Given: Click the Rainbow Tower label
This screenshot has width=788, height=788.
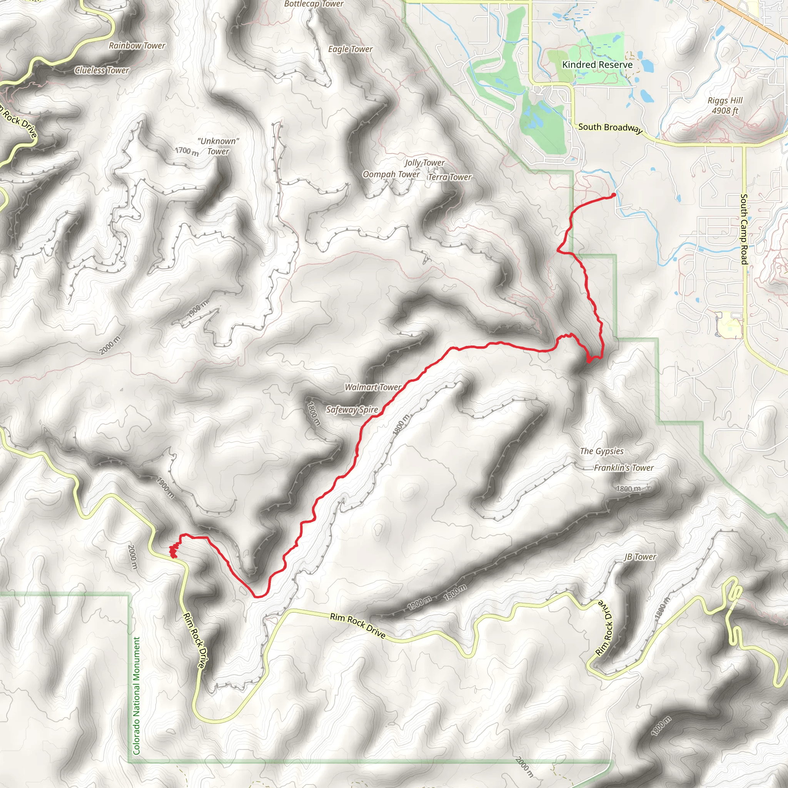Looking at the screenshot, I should coord(137,46).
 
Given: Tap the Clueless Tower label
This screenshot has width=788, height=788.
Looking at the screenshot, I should coord(102,70).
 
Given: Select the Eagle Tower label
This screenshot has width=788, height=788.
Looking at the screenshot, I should coord(351,49).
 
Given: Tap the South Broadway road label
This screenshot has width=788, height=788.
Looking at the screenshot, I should coord(610,128).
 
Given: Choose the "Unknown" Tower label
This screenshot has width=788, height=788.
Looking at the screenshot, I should coord(218,146).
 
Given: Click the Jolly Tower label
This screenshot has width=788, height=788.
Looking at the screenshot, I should coord(425,163).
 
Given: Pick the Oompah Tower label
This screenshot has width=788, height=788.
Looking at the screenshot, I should coord(391,174).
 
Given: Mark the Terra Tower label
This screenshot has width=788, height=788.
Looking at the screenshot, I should coord(449,177).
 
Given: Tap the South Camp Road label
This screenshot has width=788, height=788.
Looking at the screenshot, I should coord(744,229).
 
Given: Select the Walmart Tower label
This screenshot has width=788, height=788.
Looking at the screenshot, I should coord(373,387).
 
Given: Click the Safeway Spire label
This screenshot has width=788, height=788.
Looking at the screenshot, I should coord(352,409).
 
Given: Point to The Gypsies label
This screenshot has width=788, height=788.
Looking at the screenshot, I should coord(602,451).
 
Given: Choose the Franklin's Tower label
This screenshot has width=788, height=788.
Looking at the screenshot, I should coord(624,468).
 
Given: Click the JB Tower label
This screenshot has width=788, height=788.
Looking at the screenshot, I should coord(640,557).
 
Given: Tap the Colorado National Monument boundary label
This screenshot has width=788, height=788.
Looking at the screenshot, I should coord(136,695).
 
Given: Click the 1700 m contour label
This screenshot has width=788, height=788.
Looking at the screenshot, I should coord(187,151).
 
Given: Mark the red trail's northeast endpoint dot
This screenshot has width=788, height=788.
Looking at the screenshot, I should coord(614,195).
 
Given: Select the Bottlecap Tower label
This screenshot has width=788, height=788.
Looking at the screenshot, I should coord(314,4).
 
